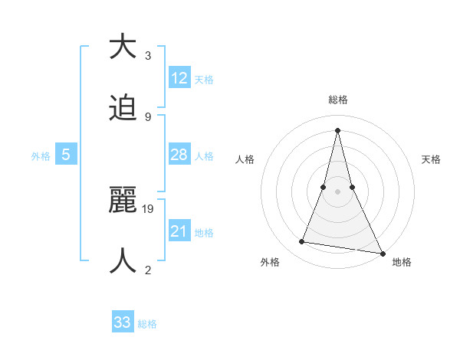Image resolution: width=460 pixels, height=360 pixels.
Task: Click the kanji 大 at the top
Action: coord(123,47)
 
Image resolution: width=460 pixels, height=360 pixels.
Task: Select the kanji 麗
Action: coord(123,199)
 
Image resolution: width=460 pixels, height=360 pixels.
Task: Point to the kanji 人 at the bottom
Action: coord(123,260)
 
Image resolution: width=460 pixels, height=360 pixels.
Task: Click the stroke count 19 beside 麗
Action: coord(149,208)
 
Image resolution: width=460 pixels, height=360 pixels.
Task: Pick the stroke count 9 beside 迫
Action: coord(148,117)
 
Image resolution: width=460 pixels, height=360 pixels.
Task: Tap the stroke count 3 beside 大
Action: coord(148,56)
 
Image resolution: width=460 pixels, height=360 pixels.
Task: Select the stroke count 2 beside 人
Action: coord(148,270)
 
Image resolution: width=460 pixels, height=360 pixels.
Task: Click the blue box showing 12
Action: coord(179,78)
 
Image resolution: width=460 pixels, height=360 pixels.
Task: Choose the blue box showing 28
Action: coord(179,155)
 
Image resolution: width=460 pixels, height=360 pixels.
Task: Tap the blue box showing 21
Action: coord(179,231)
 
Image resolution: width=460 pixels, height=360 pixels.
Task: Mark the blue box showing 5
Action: coord(66,155)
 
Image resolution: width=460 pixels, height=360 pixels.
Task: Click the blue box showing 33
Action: coord(123,322)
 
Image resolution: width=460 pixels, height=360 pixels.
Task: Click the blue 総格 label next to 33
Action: coord(147,324)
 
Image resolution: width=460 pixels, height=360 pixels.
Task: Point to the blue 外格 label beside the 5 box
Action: coord(41,156)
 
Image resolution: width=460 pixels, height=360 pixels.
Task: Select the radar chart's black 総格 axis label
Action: coord(337,100)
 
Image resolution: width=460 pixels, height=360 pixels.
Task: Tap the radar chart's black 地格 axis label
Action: coord(402,262)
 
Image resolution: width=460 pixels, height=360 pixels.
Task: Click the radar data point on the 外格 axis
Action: coord(302,242)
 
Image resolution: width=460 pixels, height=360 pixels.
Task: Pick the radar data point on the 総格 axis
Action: coord(337,129)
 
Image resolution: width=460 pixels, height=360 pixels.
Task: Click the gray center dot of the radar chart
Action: coord(337,191)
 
